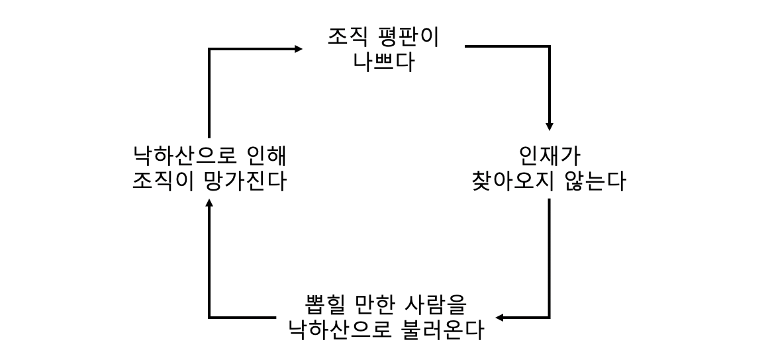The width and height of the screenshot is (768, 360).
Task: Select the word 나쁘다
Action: tap(383, 62)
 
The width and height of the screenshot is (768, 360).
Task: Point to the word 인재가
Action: tap(549, 156)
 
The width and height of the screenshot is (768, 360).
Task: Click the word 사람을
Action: tap(436, 305)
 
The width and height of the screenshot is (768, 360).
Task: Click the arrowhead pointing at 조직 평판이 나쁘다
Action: tap(299, 48)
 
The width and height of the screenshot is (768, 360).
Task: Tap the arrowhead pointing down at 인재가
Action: tap(549, 126)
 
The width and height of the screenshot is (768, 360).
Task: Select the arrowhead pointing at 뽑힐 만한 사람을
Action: tap(501, 318)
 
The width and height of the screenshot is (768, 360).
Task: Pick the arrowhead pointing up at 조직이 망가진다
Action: tap(210, 203)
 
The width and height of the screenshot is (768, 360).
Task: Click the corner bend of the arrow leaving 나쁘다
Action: tap(549, 46)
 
